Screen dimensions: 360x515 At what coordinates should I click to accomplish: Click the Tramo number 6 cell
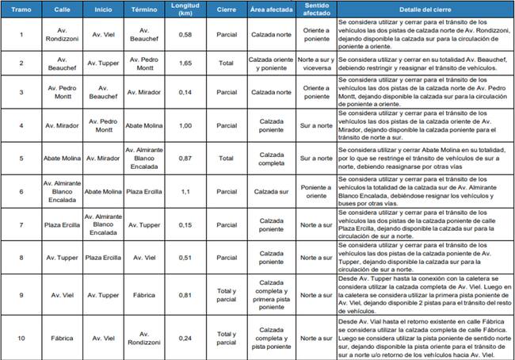pyautogui.click(x=21, y=191)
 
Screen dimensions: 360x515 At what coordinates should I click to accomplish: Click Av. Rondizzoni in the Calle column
pyautogui.click(x=63, y=33)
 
